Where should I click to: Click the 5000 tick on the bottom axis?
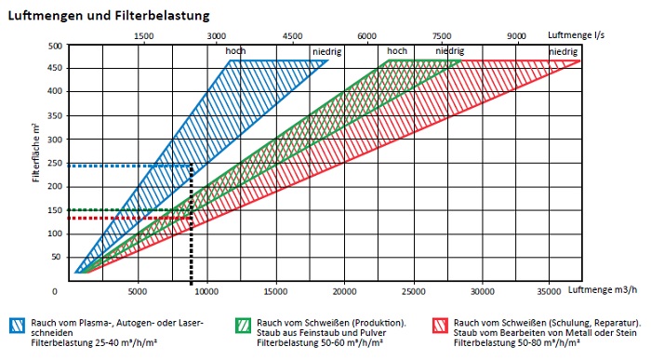pyautogui.click(x=139, y=289)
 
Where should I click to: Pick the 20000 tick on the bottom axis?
pyautogui.click(x=344, y=289)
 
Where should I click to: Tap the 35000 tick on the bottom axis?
pyautogui.click(x=550, y=289)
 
